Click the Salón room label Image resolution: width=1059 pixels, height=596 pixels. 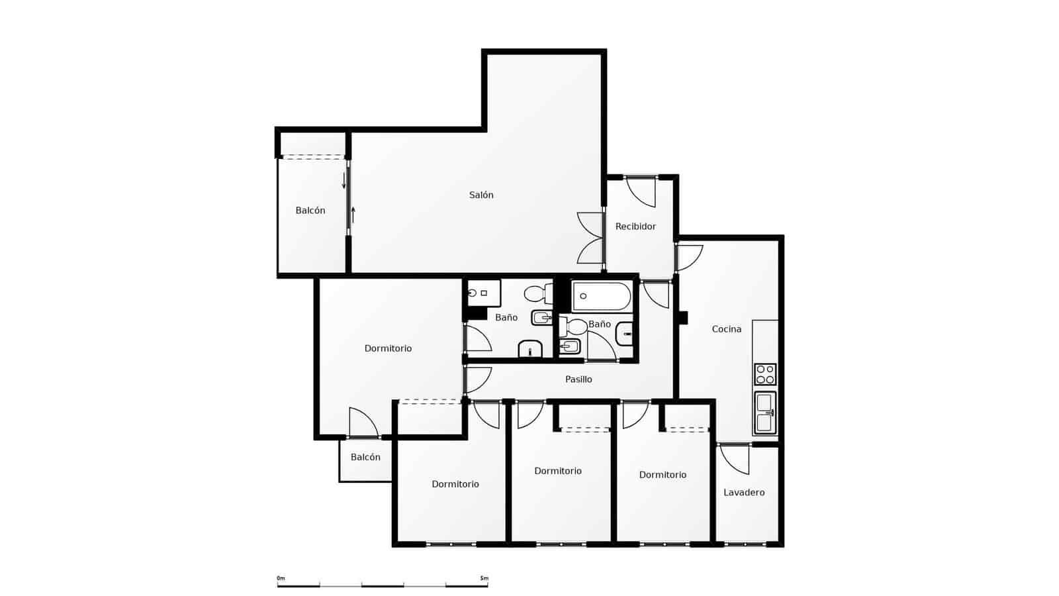point(481,195)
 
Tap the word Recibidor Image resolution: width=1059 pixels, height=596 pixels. point(635,226)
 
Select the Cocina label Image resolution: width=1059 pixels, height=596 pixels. point(726,329)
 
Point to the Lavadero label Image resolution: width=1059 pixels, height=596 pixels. point(744,493)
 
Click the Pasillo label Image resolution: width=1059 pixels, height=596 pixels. point(578,379)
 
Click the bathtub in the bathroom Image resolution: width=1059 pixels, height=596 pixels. point(601,296)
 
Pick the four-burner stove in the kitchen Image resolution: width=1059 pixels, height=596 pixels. point(765,374)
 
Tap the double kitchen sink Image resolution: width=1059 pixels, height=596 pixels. point(765,413)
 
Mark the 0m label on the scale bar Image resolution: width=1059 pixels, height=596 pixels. point(281,578)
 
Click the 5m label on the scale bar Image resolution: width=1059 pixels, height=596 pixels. point(484,578)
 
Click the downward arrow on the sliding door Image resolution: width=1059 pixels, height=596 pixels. point(344,181)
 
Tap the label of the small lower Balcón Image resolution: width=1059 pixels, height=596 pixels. point(365,458)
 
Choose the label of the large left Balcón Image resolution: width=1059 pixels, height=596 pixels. point(310,211)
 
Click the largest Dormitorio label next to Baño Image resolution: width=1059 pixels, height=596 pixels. point(388,348)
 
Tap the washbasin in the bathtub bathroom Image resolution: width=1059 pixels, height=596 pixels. point(625,334)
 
